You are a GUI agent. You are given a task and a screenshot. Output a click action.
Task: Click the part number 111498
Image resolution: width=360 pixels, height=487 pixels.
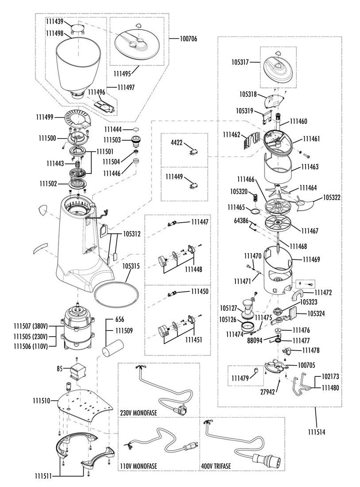(x=54, y=32)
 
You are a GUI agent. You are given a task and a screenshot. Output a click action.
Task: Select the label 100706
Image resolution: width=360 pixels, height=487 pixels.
(x=188, y=39)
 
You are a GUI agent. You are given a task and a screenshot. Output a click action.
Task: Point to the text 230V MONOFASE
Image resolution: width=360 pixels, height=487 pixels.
(x=139, y=413)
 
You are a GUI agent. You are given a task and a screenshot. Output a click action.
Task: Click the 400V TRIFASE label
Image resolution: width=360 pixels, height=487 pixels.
(x=216, y=466)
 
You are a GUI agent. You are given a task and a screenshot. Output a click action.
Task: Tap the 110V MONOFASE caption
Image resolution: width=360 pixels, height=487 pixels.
(x=139, y=466)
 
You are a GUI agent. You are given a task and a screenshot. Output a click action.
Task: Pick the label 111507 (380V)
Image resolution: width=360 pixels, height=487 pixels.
(x=31, y=326)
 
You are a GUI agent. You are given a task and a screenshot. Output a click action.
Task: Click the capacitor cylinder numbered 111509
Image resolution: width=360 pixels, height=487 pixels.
(x=113, y=349)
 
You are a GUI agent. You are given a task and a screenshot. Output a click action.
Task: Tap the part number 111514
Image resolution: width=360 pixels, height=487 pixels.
(x=317, y=432)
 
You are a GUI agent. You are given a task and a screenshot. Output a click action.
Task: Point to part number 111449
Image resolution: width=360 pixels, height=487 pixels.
(x=174, y=177)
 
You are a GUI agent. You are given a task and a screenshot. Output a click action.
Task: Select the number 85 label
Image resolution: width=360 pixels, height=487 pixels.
(x=59, y=369)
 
